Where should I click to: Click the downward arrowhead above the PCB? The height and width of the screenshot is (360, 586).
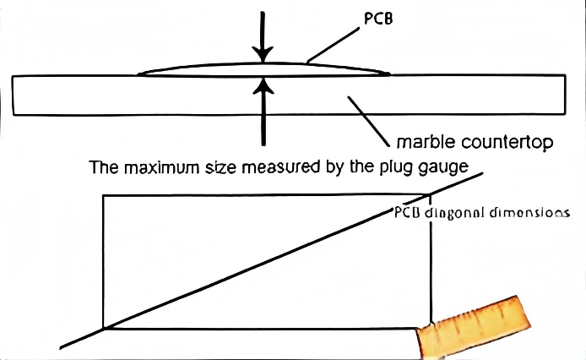(x=265, y=57)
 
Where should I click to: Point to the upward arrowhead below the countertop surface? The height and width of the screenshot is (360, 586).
(x=265, y=85)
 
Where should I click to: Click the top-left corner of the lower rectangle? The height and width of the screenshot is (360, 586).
(x=103, y=195)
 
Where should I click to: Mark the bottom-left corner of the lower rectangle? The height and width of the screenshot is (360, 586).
(x=103, y=328)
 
